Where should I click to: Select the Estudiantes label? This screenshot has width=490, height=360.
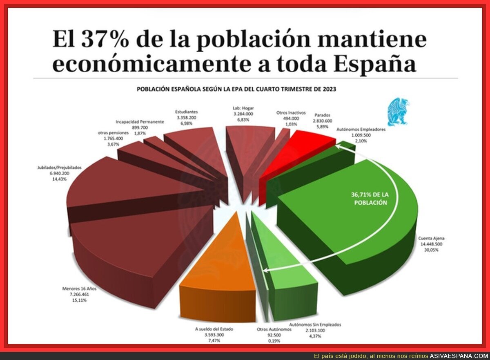[187, 111]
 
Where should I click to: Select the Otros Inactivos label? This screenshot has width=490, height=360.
[291, 113]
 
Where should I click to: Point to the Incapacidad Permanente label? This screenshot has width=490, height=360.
[140, 122]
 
